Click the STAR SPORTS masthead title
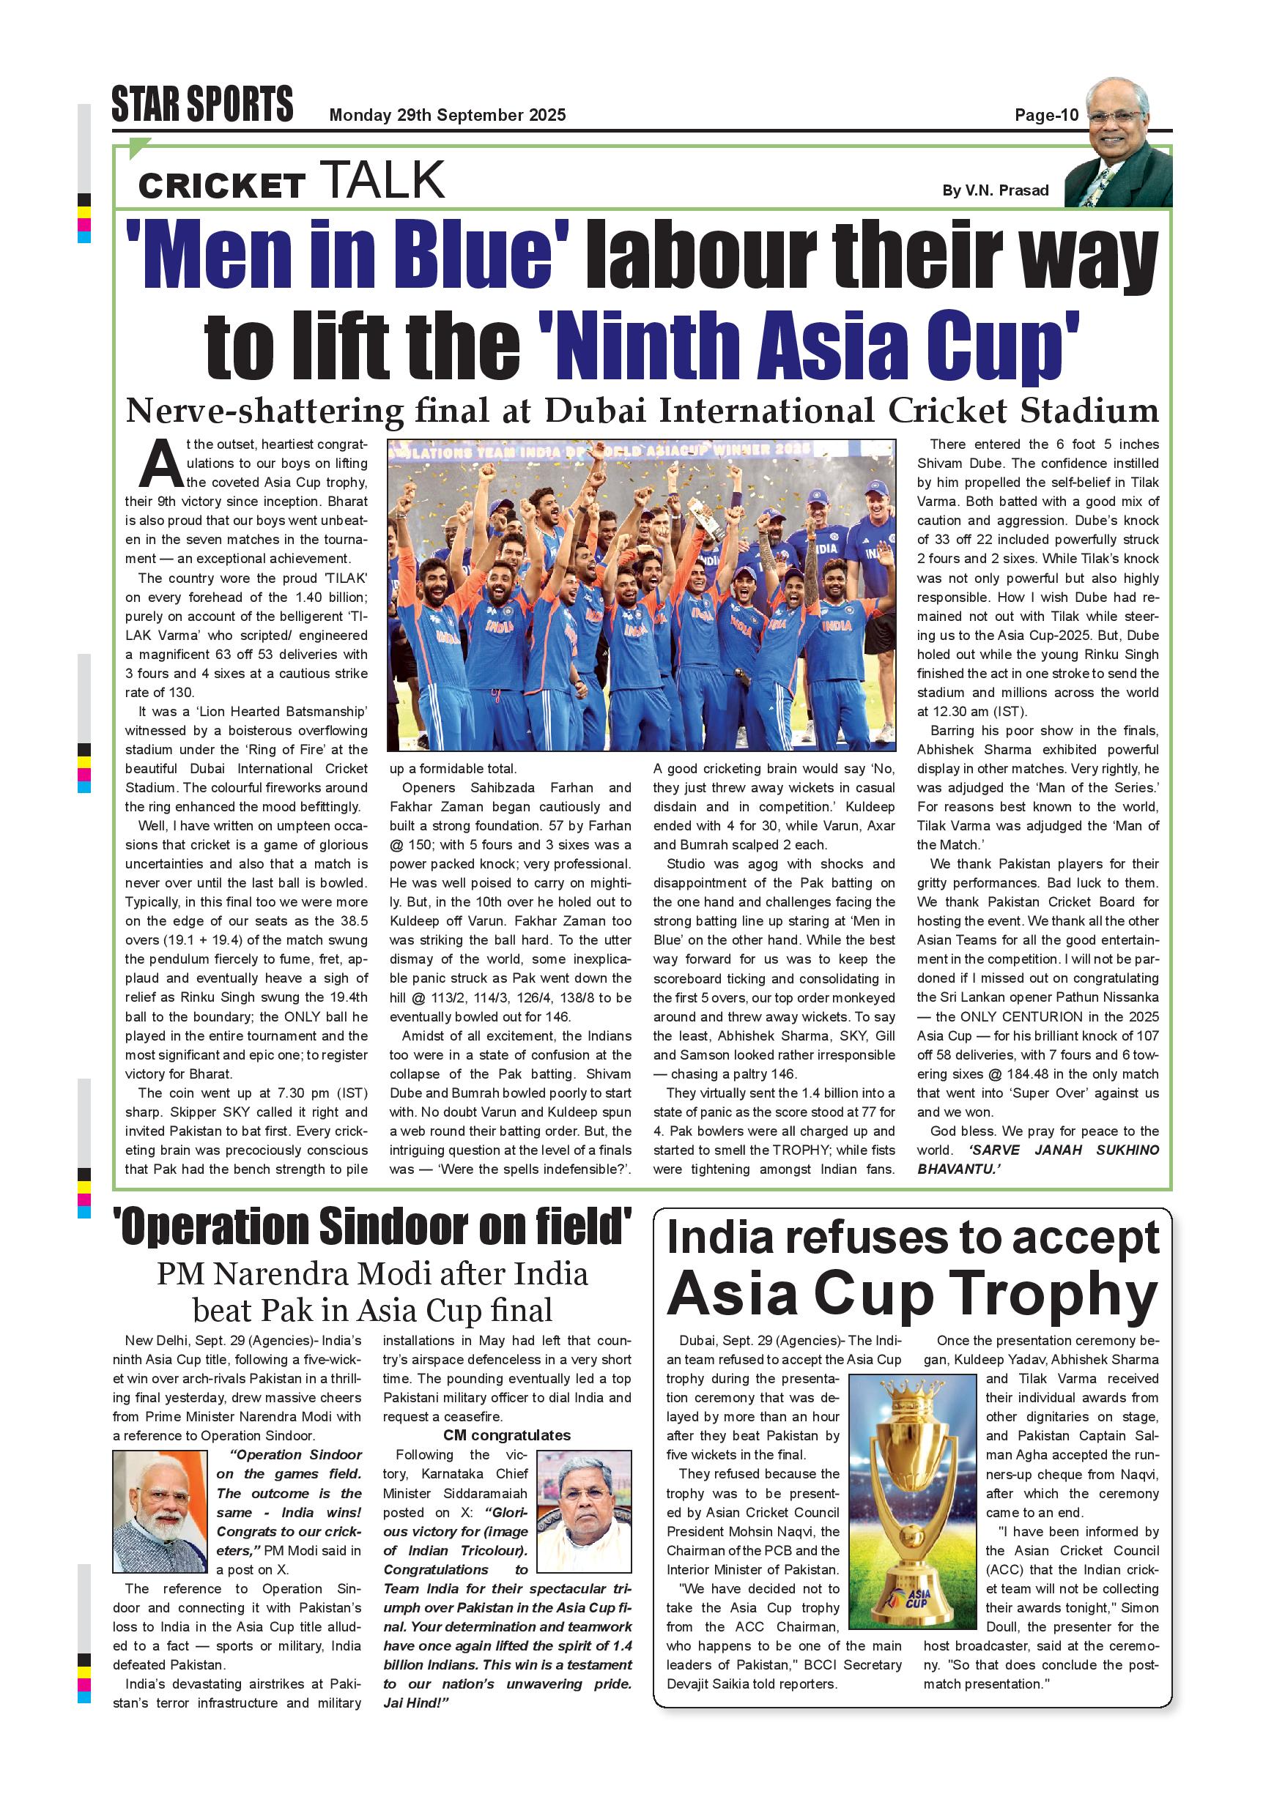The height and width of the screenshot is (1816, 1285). coord(201,105)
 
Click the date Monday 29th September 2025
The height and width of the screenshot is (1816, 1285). coord(447,116)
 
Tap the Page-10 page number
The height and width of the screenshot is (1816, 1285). coord(1046,116)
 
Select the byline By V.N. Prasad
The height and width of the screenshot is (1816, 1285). coord(995,190)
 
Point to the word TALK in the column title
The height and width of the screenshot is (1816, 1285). coord(382,179)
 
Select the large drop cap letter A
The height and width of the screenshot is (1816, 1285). coord(161,465)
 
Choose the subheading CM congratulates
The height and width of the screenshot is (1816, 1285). coord(506,1434)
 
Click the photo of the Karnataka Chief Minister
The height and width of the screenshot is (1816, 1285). coord(584,1511)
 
